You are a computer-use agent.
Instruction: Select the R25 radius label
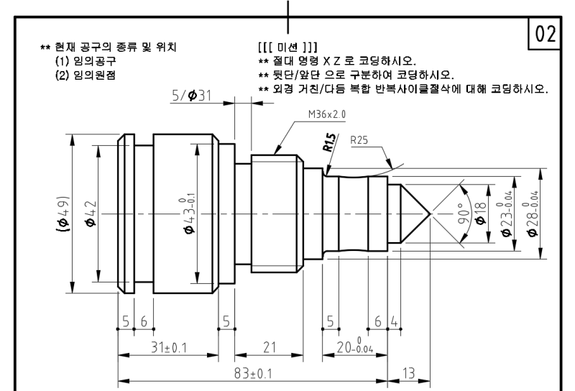(359, 141)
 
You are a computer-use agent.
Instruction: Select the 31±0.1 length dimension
(168, 348)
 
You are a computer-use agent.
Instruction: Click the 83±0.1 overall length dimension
(252, 374)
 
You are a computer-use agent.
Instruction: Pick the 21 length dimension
(270, 348)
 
